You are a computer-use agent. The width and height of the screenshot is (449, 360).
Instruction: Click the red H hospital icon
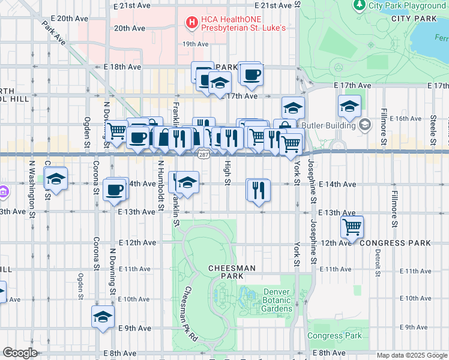coord(192,23)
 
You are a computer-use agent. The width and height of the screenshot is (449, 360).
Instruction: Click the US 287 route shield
coord(202,155)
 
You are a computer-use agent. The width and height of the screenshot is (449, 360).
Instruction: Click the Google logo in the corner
coord(20,353)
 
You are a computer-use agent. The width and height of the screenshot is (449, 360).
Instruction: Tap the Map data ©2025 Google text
coord(412,355)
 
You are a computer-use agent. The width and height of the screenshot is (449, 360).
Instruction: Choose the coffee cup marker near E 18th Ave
coord(252,74)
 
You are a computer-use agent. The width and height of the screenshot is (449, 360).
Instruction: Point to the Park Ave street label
coord(53,34)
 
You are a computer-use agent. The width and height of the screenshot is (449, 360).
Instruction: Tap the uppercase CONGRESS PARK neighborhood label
coord(395,243)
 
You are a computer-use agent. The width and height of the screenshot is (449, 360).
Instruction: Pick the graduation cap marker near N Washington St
coord(56,179)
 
